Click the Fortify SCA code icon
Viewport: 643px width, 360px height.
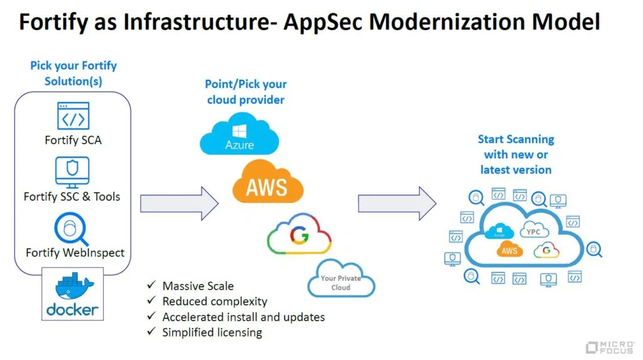[73, 116]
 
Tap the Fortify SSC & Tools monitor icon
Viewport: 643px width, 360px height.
[72, 171]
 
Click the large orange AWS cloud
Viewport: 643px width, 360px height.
[267, 183]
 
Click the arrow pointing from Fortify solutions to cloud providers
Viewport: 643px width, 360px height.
[179, 204]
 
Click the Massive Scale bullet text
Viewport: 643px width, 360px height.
[198, 286]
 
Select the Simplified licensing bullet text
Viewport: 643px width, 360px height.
[212, 332]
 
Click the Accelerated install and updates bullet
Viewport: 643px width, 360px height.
[244, 317]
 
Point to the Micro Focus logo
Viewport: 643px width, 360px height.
[610, 347]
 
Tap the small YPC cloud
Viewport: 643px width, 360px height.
[533, 231]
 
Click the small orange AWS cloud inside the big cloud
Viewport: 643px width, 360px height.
[509, 250]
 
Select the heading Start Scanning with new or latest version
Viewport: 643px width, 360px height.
[516, 155]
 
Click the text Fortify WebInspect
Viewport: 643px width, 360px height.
[75, 253]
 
